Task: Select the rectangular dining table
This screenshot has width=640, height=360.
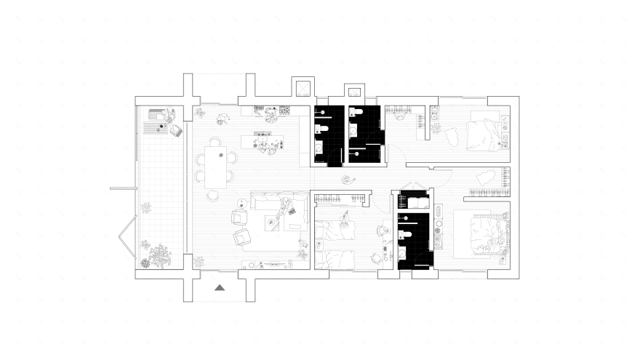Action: pos(215,164)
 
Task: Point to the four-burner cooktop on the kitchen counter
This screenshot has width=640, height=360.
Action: pos(259,110)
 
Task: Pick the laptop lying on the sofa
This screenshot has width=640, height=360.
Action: pos(292,212)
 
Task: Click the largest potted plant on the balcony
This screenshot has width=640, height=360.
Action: pos(159,255)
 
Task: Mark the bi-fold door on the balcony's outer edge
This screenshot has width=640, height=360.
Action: pos(126,237)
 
